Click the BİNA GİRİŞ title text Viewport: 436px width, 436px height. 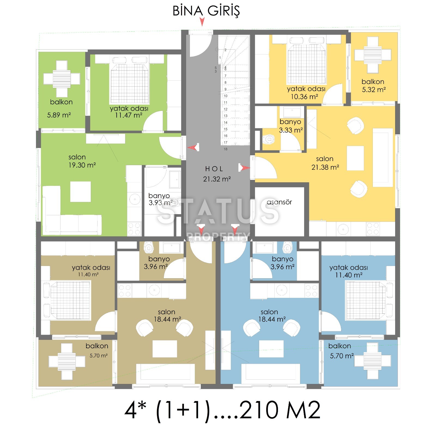point(206,11)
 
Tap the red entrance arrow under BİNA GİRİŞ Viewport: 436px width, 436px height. point(202,22)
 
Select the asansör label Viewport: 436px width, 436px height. point(279,202)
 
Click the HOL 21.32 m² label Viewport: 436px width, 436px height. point(217,174)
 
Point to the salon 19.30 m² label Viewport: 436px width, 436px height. point(82,161)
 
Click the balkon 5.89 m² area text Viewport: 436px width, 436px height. point(59,115)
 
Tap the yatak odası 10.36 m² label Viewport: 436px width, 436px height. point(306,93)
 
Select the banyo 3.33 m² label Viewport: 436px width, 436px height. point(291,126)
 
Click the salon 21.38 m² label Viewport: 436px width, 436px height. point(325,163)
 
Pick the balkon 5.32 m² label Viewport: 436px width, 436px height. point(373,86)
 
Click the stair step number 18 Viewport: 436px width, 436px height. point(226,149)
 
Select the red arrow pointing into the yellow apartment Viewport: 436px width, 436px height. point(244,168)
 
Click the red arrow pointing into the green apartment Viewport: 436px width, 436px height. point(193,147)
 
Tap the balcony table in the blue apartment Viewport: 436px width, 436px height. point(373,361)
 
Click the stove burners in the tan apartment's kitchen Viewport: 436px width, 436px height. point(125,290)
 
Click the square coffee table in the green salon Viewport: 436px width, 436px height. point(80,192)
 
